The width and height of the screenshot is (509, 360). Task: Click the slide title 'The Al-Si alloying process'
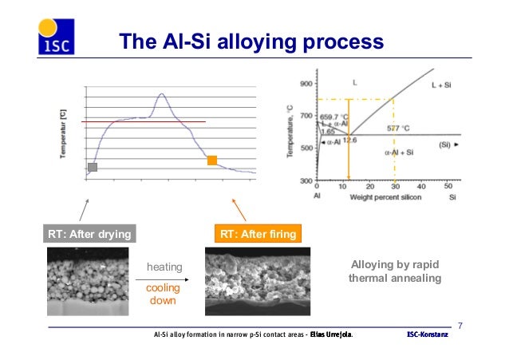click(x=251, y=41)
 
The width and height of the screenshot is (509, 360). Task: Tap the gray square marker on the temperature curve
click(x=93, y=167)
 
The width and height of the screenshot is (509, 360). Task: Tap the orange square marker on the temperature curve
click(x=212, y=160)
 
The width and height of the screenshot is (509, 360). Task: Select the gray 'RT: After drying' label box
click(x=87, y=234)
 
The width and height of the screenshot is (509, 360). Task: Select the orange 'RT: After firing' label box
click(x=257, y=234)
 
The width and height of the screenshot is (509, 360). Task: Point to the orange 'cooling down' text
click(x=163, y=294)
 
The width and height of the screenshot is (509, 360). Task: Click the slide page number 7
click(x=460, y=325)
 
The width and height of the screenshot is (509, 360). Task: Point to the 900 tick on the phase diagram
click(x=305, y=83)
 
